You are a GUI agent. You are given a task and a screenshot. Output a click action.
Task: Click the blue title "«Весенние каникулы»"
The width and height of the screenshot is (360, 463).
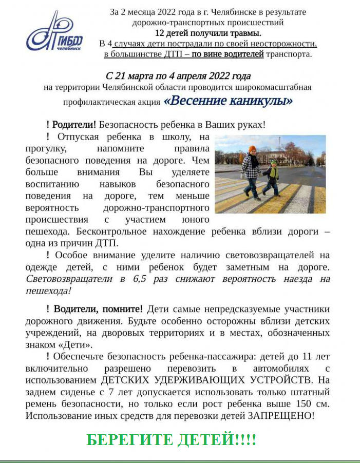pyautogui.click(x=228, y=100)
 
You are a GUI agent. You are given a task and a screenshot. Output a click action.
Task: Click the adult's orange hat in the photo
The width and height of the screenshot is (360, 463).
pyautogui.click(x=252, y=149)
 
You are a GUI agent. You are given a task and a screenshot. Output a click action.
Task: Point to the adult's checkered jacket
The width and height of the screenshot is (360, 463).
pyautogui.click(x=251, y=166)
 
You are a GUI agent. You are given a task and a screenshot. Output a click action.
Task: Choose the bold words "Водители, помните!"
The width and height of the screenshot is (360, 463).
pyautogui.click(x=98, y=309)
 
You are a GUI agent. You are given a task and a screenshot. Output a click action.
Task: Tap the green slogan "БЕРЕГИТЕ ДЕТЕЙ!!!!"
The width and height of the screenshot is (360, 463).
pyautogui.click(x=171, y=440)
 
